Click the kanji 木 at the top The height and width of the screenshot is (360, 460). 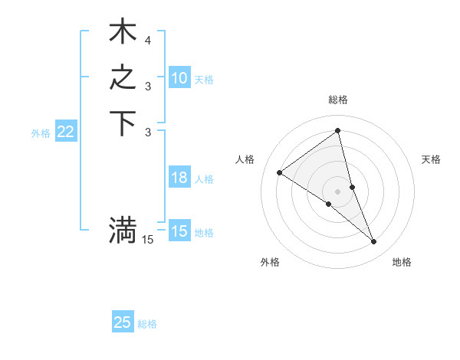click(x=123, y=32)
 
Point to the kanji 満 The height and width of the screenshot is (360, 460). click(x=123, y=230)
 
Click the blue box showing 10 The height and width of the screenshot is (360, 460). click(x=179, y=78)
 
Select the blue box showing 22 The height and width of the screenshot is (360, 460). click(x=65, y=133)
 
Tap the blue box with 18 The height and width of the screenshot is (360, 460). click(x=179, y=178)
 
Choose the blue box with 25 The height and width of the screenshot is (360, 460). click(x=123, y=322)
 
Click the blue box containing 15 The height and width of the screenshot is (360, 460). click(x=179, y=231)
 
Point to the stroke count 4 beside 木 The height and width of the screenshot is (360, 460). click(x=147, y=40)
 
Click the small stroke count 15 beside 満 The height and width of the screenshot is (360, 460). click(x=147, y=240)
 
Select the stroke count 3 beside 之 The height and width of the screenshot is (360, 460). click(x=147, y=86)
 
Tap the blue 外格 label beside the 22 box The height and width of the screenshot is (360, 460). click(x=41, y=133)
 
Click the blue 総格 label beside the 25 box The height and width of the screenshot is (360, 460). click(x=147, y=324)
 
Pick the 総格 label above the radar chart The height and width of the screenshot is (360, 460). click(x=337, y=100)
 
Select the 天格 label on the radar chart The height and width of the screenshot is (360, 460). click(x=431, y=159)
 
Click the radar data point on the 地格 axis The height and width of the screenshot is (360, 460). click(x=373, y=242)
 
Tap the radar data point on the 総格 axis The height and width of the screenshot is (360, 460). click(x=337, y=131)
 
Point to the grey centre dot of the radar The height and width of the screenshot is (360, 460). click(x=337, y=191)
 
